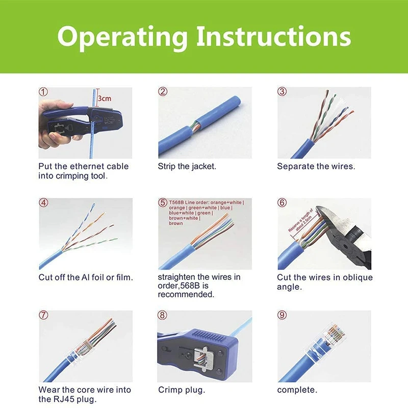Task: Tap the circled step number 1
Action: [x=44, y=92]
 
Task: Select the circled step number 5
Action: [x=163, y=202]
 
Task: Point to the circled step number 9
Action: [x=282, y=315]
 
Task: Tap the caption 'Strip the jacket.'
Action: [x=187, y=166]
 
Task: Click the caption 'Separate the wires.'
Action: [x=316, y=166]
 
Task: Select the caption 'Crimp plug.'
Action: [x=182, y=390]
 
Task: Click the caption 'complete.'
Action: [x=297, y=390]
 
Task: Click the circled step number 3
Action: [x=282, y=92]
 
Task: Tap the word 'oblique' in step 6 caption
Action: [x=357, y=277]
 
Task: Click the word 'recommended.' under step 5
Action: [x=186, y=295]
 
